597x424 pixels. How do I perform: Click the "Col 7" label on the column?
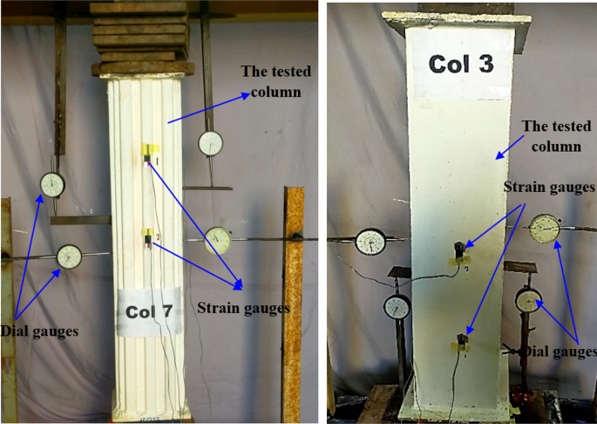point(149,312)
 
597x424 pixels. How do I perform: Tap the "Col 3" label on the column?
point(461,64)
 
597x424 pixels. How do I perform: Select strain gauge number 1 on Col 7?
point(146,160)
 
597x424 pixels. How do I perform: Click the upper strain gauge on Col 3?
point(459,249)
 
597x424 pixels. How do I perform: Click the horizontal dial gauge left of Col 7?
point(70,256)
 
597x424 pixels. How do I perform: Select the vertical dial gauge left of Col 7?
point(52,185)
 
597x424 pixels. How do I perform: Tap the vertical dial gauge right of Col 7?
point(210,143)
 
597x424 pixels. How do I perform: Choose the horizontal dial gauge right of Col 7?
point(218,240)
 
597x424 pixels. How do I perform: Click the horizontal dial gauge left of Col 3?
point(371,242)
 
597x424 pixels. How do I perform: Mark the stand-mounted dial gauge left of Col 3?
point(397,307)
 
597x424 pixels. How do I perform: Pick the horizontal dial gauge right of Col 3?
point(546,229)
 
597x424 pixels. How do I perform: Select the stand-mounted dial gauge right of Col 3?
point(529,301)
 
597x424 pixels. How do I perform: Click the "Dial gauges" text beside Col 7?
point(39,331)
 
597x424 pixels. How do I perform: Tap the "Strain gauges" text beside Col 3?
point(549,187)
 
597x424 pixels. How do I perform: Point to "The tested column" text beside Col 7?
point(276,81)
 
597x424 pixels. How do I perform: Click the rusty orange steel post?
point(293,304)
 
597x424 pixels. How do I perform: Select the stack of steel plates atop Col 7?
point(141,38)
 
